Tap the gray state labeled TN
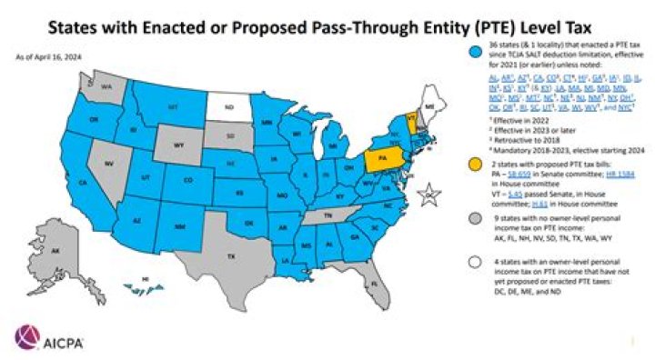point(322,215)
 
